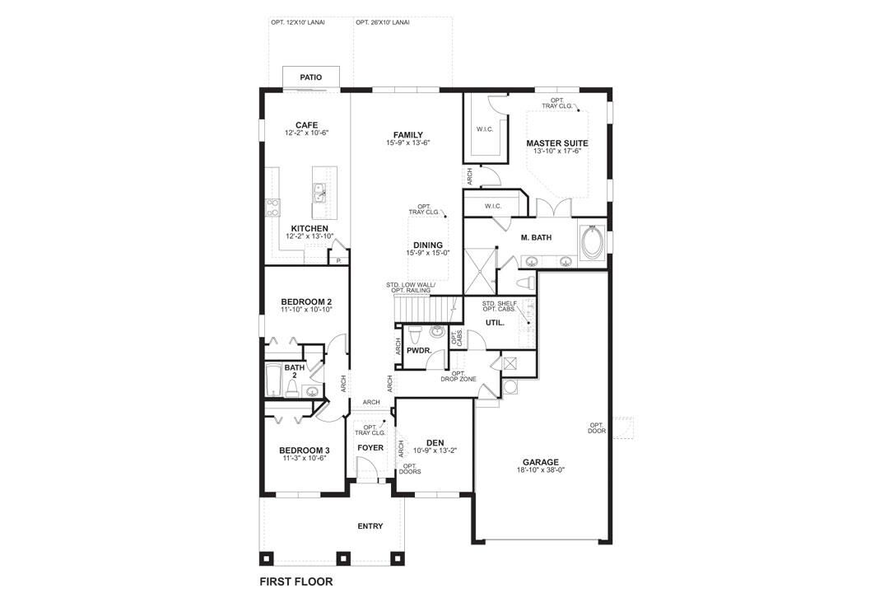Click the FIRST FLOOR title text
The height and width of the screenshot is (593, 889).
(296, 581)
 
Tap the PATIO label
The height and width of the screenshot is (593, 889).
(310, 77)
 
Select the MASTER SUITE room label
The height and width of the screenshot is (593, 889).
(557, 142)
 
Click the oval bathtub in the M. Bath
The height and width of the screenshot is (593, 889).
(592, 241)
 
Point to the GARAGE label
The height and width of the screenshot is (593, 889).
(540, 461)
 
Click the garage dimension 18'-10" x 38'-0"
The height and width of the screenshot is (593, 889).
(540, 470)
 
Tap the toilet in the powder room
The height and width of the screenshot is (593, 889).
(416, 334)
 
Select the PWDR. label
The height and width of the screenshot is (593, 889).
(419, 350)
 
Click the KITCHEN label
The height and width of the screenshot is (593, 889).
(310, 228)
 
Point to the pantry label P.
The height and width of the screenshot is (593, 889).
(338, 259)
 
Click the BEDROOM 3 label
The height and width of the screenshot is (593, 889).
(304, 450)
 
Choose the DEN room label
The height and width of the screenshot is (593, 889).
(435, 442)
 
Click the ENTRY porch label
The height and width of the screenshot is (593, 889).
(370, 526)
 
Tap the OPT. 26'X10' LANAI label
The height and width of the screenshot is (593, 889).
(383, 22)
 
